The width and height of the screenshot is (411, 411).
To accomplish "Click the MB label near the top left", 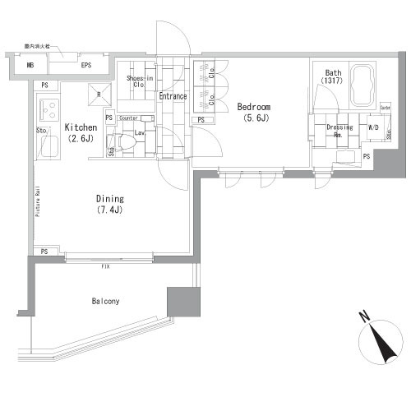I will click(x=30, y=65).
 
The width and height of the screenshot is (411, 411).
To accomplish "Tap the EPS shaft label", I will click(x=85, y=65).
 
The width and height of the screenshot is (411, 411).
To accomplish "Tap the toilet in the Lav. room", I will click(x=126, y=142).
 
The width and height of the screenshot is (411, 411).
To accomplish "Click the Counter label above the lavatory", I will click(x=128, y=118).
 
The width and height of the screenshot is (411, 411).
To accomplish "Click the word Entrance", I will click(x=173, y=96).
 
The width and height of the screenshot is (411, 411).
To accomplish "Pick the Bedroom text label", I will click(x=254, y=107).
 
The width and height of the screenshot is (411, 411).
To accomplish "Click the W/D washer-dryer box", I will click(x=374, y=127).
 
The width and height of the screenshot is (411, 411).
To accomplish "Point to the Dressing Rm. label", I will click(x=339, y=132).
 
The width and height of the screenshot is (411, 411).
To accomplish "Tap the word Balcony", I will click(x=105, y=301).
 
